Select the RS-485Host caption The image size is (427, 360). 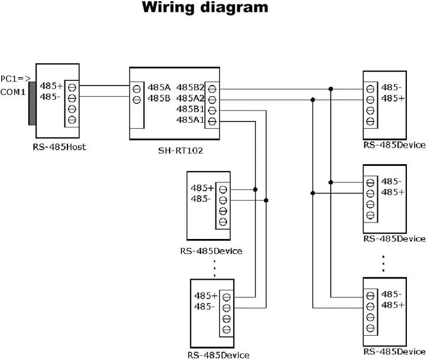coord(60,147)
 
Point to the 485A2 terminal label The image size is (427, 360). coord(190,99)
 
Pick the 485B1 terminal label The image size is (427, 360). coord(190,110)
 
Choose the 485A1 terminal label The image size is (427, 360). coord(190,120)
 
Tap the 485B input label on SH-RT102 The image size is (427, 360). coord(159,99)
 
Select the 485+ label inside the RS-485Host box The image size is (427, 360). coord(51,86)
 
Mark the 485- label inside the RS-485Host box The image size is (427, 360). coord(50,96)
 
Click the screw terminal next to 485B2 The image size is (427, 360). coord(212,89)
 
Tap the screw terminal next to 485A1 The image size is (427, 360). coord(212,122)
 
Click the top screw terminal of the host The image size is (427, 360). coord(72,87)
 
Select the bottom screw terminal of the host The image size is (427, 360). coord(72,120)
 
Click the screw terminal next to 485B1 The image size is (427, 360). coord(212,110)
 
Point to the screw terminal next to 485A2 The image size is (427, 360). coord(212,99)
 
